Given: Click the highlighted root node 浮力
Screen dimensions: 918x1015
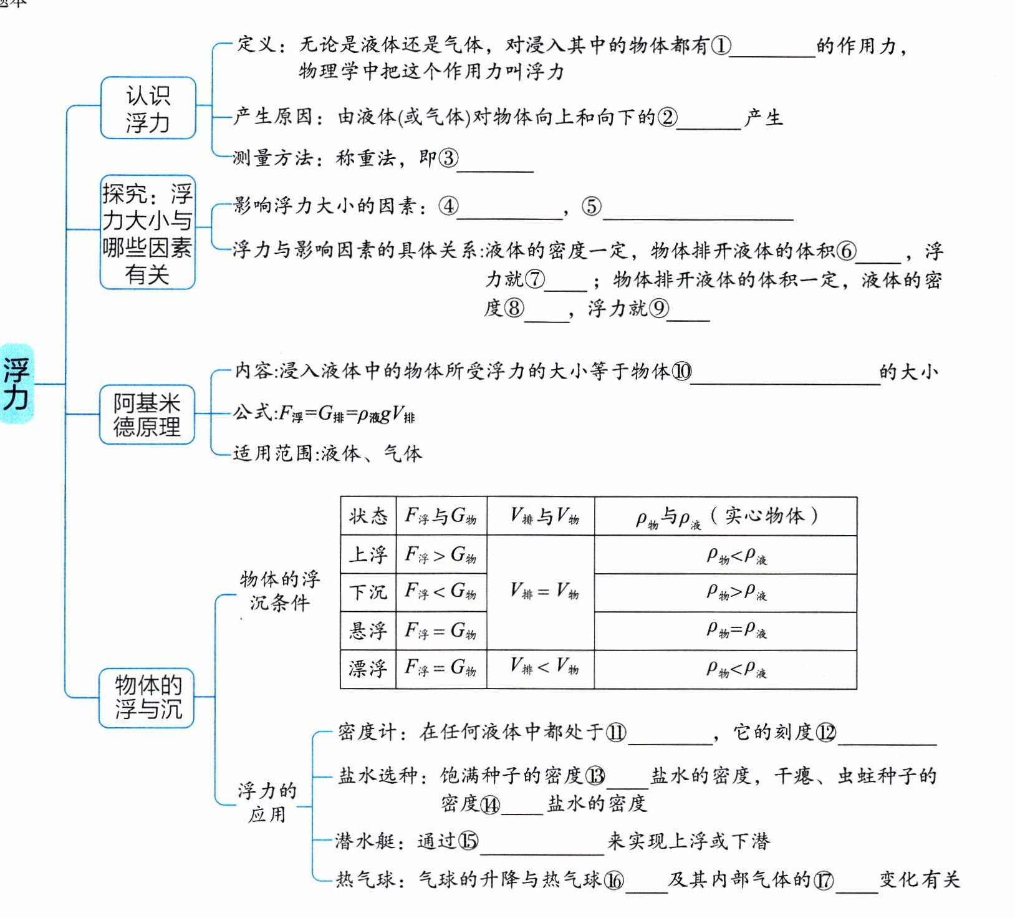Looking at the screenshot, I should coord(17,384).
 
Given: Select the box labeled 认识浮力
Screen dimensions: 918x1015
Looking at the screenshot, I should coord(148,109).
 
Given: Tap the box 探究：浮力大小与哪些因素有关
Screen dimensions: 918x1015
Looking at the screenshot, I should coord(148,233).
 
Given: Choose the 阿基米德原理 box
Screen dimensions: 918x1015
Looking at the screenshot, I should coord(147,415).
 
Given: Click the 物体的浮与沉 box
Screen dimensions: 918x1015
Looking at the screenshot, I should coord(147,697).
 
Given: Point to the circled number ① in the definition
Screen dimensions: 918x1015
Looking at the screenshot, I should coord(721,46).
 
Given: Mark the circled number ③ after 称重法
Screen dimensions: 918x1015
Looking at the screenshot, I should coord(448,158).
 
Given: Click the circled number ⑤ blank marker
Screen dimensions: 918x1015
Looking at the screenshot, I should coord(592,206).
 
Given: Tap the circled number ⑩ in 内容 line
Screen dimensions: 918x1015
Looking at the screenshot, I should coord(681,372).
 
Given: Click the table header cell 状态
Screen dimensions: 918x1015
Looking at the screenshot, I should coord(368,516).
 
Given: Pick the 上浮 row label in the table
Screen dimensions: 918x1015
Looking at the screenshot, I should coord(368,554).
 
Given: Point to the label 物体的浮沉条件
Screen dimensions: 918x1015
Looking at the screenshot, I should coord(279,591).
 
